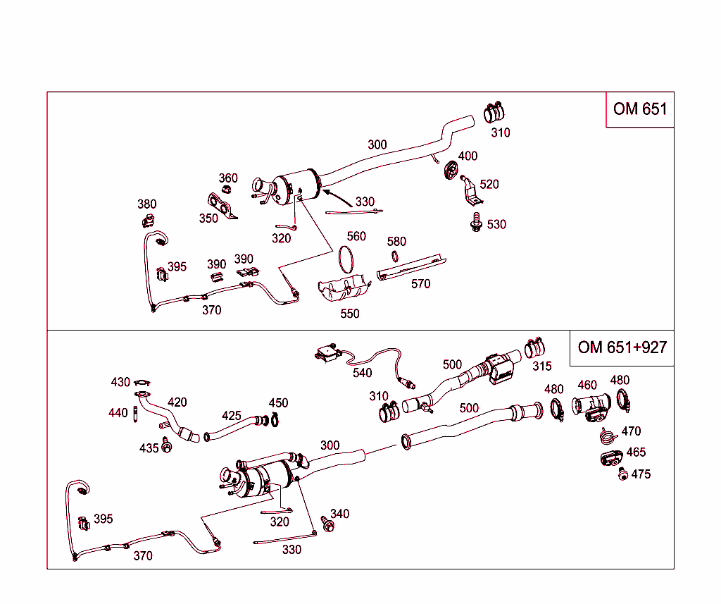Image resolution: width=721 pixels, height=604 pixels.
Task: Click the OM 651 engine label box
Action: point(639,109)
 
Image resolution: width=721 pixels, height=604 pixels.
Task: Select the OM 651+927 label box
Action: point(621,347)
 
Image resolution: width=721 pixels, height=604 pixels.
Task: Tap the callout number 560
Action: point(356,237)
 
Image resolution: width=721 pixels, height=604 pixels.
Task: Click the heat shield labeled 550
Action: point(344,290)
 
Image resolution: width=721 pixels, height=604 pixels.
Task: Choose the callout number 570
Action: point(420,284)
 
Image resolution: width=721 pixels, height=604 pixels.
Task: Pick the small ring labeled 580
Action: point(396,257)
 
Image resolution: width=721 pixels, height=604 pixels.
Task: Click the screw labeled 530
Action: point(476,224)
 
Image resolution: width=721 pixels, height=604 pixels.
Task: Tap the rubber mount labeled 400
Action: point(449,170)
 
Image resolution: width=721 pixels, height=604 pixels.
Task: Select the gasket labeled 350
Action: point(220,205)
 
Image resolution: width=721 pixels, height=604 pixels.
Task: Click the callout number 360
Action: point(228,178)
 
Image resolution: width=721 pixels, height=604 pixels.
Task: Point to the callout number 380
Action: point(146,204)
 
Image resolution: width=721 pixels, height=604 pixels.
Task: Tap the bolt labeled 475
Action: point(622,475)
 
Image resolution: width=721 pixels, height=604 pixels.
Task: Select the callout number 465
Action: point(636,452)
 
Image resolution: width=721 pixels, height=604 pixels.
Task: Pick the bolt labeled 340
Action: point(327,524)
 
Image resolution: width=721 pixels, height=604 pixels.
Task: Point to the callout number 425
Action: point(232,416)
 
